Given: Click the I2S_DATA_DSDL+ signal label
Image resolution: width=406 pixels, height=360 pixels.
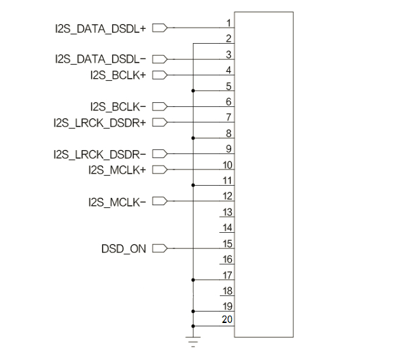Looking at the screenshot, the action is click(x=100, y=28).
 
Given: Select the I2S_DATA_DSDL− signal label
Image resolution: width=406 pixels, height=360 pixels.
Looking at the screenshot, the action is click(x=100, y=59).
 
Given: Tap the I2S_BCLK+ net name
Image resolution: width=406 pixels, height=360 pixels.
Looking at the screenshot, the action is click(x=118, y=75).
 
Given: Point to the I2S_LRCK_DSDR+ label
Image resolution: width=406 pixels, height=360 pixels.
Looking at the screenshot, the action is click(x=100, y=122).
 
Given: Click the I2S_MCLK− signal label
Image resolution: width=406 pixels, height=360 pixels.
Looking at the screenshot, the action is click(x=117, y=202).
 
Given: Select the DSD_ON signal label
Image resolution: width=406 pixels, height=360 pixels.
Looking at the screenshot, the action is click(x=124, y=249).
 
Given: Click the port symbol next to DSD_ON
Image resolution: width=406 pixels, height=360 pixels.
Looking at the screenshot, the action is click(x=160, y=248).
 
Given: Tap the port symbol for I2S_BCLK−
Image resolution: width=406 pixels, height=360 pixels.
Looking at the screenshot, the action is click(x=160, y=106).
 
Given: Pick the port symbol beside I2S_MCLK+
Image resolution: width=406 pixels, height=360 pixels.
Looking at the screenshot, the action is click(x=160, y=170).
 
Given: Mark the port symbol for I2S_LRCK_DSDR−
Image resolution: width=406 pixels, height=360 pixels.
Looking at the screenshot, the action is click(x=160, y=153).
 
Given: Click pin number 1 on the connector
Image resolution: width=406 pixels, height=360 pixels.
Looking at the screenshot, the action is click(x=229, y=23).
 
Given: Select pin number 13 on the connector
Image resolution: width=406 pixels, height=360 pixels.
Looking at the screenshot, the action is click(x=227, y=212).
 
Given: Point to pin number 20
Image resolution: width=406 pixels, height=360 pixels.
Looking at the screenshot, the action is click(x=227, y=320).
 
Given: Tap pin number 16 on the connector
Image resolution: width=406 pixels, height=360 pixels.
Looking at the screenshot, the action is click(x=227, y=259).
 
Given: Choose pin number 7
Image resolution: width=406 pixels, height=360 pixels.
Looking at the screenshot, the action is click(x=229, y=117).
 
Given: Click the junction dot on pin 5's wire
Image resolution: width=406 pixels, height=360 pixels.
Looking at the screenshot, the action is click(x=193, y=91).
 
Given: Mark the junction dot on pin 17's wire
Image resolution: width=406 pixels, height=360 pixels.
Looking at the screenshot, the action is click(x=193, y=280).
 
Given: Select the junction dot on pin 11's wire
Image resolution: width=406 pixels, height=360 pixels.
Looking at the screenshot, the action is click(x=193, y=185).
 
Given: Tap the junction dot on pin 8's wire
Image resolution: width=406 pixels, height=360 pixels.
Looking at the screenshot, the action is click(x=193, y=138).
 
